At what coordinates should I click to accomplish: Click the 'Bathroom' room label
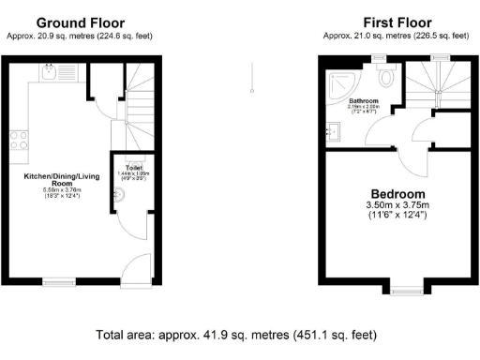coord(363,100)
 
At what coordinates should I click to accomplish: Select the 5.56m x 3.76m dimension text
coord(64,191)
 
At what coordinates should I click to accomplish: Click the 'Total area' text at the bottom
coord(240,334)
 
